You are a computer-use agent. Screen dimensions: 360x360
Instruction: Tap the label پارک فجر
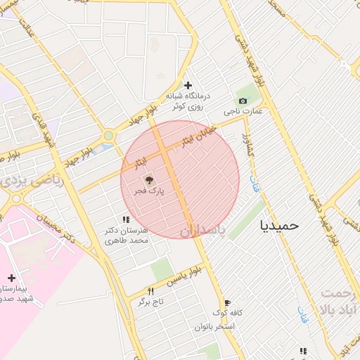[x=150, y=191]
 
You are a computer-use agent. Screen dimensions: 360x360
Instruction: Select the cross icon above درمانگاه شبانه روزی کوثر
[x=188, y=85]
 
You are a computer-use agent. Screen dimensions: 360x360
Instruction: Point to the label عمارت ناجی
[x=243, y=111]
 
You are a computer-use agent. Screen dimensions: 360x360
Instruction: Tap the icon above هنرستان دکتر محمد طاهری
[x=126, y=220]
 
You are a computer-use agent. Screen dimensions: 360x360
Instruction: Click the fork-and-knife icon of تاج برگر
[x=150, y=291]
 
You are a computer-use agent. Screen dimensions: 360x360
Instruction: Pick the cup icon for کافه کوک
[x=227, y=302]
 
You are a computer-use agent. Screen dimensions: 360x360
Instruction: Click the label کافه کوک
[x=228, y=313]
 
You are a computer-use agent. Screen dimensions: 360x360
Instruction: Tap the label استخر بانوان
[x=216, y=327]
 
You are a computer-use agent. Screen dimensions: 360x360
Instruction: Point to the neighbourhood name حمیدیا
[x=280, y=225]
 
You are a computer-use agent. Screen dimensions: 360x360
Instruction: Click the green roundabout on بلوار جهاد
[x=108, y=136]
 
